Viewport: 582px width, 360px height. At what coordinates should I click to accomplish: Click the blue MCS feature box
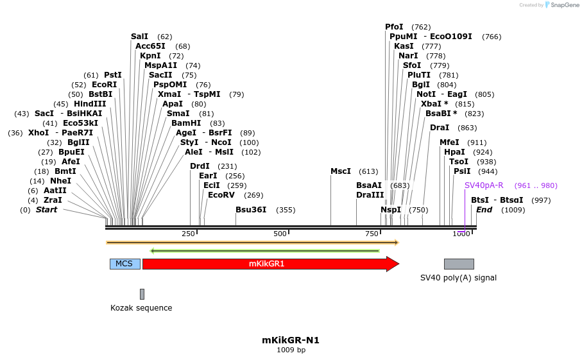point(125,264)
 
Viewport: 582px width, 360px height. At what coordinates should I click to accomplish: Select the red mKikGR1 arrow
point(266,264)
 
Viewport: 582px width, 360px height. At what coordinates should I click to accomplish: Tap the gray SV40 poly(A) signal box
point(459,264)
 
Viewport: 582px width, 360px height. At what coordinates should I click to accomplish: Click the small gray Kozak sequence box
point(142,294)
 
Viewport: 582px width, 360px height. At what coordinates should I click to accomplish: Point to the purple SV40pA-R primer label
point(484,185)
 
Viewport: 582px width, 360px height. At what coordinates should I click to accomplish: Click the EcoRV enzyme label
point(222,195)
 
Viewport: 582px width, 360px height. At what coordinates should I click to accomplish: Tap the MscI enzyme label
point(341,171)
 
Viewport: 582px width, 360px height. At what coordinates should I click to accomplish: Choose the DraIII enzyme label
point(370,195)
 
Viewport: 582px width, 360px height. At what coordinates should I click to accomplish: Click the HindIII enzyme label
point(90,104)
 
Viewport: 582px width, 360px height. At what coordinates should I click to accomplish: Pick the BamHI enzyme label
point(186,123)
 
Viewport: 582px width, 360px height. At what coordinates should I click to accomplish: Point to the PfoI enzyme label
point(394,27)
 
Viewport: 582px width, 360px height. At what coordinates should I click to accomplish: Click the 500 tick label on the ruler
point(280,234)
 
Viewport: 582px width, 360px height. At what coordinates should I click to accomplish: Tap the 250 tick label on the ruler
point(188,234)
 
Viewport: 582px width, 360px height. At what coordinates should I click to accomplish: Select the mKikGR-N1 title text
point(291,340)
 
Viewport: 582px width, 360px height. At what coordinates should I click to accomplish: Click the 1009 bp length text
point(291,350)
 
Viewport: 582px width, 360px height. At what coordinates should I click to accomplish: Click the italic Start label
point(46,210)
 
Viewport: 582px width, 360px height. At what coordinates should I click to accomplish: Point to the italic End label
point(484,210)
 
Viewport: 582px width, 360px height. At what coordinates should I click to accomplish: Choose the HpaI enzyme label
point(454,152)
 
